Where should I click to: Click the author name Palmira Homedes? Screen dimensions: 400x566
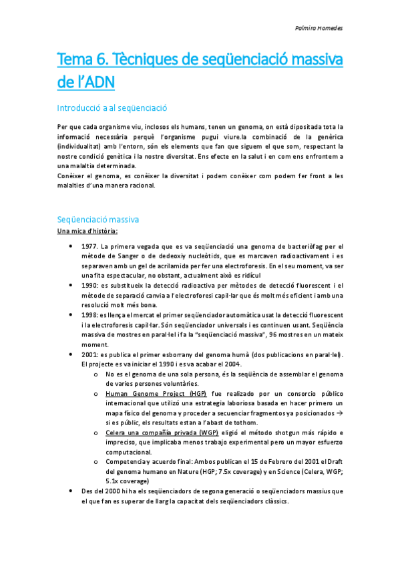pos(318,29)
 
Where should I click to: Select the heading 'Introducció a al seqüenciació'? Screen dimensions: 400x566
pos(112,107)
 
